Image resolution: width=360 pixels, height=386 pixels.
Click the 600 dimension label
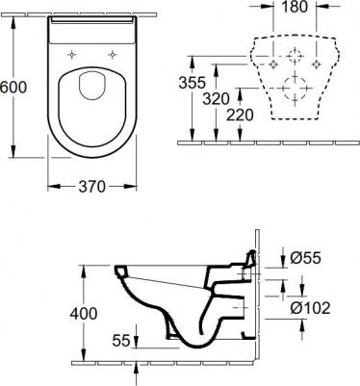point(13,87)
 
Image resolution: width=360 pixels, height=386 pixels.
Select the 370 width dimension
point(92,187)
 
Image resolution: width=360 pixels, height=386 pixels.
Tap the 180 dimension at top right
point(295,7)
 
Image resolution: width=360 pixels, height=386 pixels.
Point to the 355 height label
point(192,83)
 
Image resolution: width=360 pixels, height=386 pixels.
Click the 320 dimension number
point(216,99)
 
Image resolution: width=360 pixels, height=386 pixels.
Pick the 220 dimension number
point(240,115)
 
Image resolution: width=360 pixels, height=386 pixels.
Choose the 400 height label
point(84,314)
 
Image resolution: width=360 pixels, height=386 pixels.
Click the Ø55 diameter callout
point(305,258)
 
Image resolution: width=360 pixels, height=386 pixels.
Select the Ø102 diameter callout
point(310,308)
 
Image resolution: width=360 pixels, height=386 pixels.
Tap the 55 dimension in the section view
point(121,340)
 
